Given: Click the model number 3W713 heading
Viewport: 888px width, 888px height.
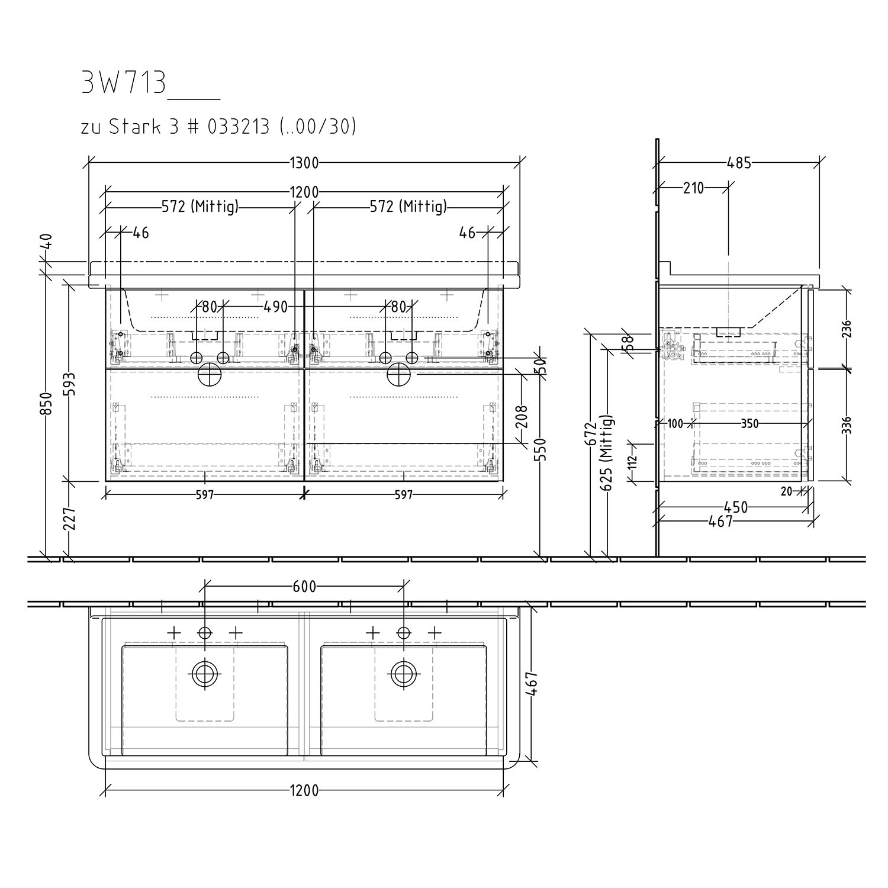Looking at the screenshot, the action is pyautogui.click(x=123, y=83).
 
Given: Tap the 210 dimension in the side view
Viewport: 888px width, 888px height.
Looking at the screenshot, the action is pyautogui.click(x=693, y=188).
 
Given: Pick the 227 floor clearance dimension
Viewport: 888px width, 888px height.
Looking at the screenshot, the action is pyautogui.click(x=70, y=519).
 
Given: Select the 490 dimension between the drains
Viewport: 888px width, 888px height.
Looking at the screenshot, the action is pyautogui.click(x=275, y=307).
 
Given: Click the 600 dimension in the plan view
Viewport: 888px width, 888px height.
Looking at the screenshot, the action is pyautogui.click(x=304, y=587).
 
